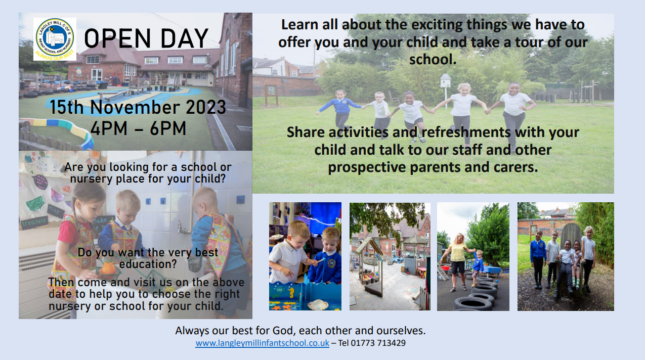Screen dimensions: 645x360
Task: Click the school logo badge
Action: point(55,39)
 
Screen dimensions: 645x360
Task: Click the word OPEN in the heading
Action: point(117,38)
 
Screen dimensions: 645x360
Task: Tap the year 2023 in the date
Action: point(206,107)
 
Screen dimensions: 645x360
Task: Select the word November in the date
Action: point(135,107)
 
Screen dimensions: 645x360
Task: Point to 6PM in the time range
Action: point(168,128)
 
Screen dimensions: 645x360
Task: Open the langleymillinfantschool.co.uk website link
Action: point(263,343)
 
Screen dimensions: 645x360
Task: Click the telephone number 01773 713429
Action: point(378,343)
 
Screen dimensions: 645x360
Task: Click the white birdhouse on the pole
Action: point(446,80)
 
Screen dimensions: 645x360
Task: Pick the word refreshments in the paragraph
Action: point(467,132)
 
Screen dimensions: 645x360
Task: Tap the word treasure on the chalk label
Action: point(34,222)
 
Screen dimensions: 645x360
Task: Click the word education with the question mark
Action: point(148,264)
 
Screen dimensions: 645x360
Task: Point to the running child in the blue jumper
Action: point(341,113)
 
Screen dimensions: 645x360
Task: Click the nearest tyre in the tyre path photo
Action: point(473,303)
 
